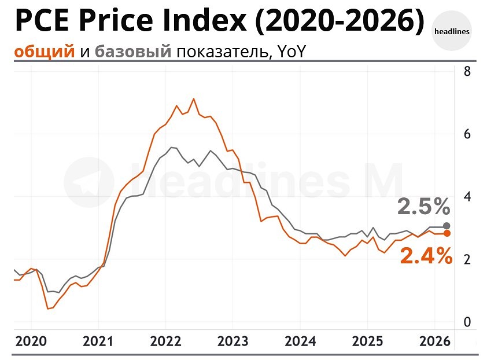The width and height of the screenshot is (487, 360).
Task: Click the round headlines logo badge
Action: pos(451,31)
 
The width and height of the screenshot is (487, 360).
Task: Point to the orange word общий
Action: pos(45,52)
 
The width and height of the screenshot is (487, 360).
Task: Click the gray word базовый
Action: pos(132,52)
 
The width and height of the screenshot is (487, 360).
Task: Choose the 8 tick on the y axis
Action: pos(467,72)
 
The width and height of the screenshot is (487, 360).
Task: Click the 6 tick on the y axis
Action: pos(467,134)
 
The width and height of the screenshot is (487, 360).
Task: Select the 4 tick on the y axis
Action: pos(467,197)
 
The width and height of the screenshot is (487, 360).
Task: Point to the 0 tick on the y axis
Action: pos(467,322)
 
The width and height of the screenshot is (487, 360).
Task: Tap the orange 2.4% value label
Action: pos(426,255)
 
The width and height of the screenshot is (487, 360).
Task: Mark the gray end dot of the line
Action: pos(447,226)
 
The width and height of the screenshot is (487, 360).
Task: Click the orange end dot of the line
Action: pos(447,233)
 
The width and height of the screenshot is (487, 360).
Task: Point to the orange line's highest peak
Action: pos(193,99)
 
